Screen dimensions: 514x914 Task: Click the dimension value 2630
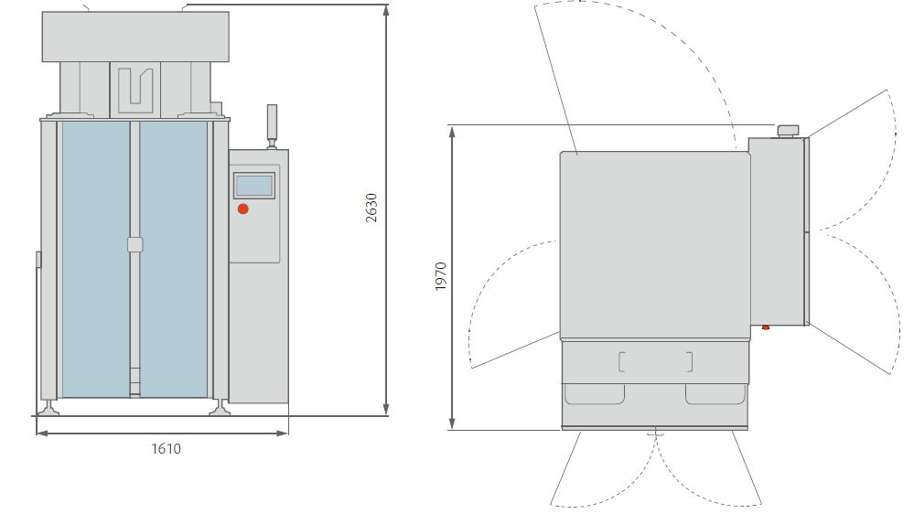(371, 209)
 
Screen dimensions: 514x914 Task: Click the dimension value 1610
(166, 448)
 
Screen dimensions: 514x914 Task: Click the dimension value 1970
(441, 276)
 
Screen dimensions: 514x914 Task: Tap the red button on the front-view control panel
(243, 209)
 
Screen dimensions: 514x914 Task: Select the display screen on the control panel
(254, 185)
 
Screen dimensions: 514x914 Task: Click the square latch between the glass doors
(135, 244)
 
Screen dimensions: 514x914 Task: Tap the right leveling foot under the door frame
(219, 406)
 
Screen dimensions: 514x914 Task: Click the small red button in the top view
(765, 327)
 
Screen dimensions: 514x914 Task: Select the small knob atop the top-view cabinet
(788, 130)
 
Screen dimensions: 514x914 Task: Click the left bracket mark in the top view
(622, 362)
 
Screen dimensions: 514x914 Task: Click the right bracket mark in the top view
(689, 362)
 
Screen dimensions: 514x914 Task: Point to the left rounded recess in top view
(595, 394)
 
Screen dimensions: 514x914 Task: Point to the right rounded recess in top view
(715, 394)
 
